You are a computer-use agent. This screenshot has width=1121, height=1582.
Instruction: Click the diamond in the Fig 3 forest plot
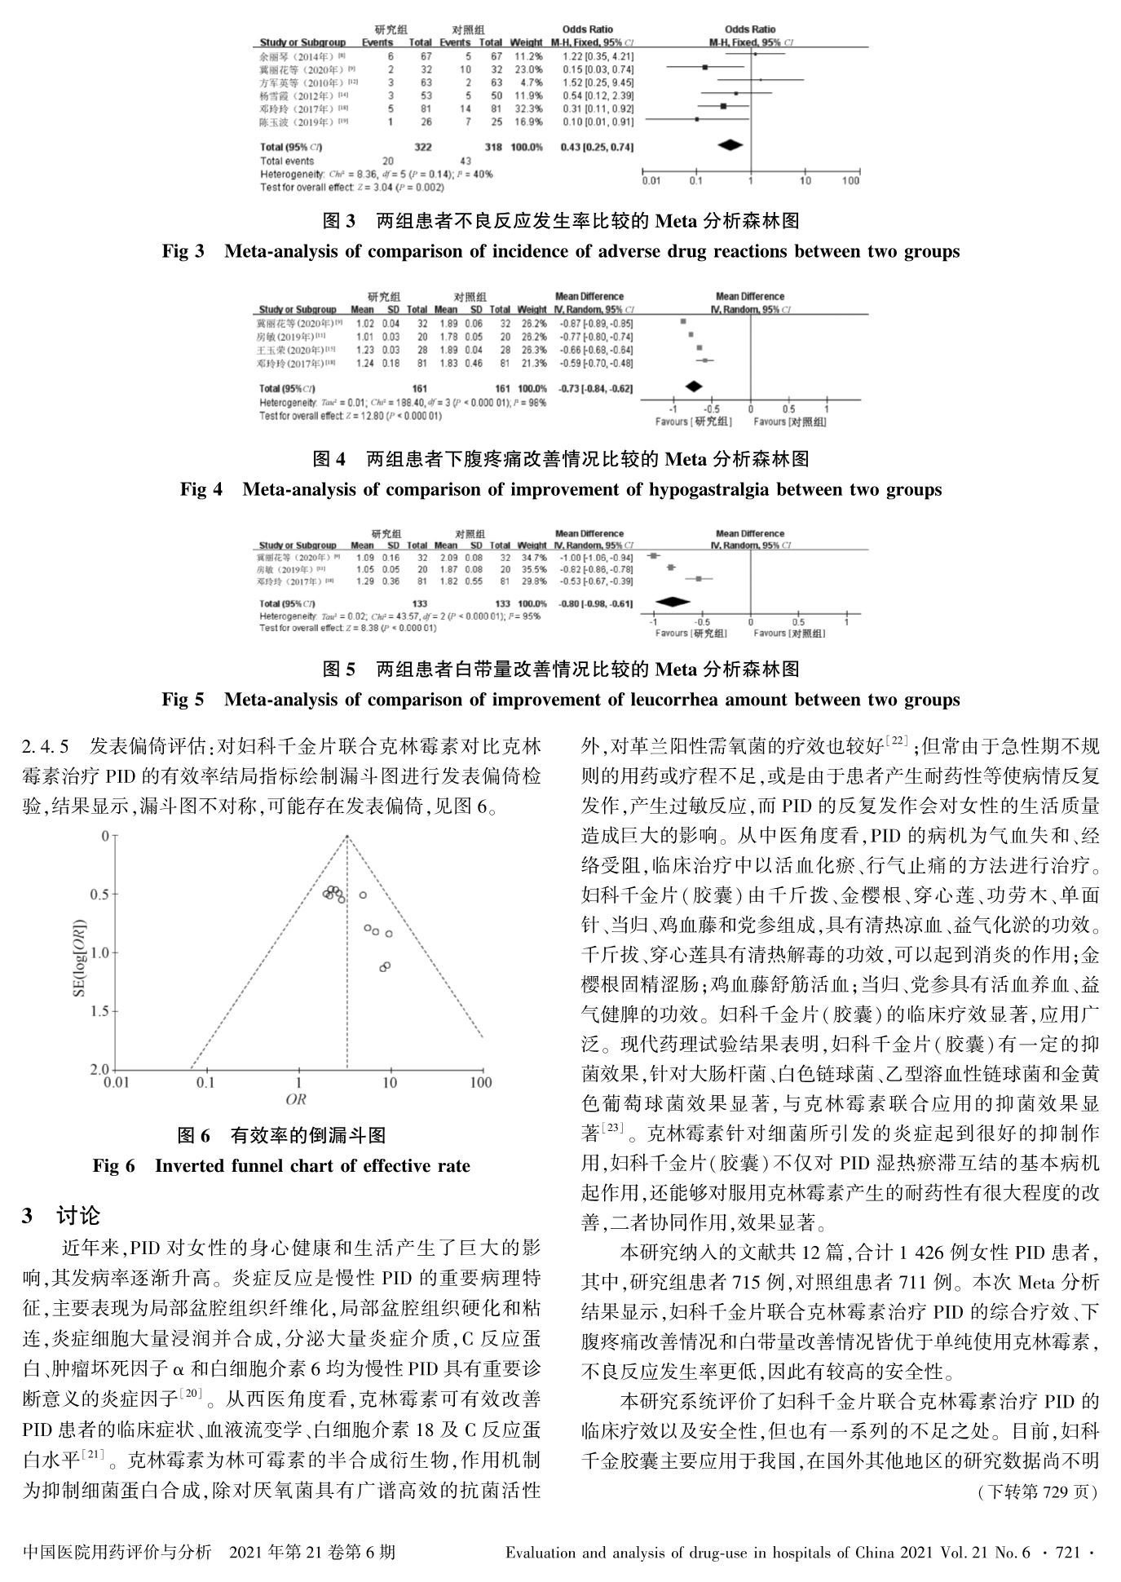point(730,145)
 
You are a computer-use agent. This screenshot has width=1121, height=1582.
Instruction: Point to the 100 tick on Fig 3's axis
point(850,181)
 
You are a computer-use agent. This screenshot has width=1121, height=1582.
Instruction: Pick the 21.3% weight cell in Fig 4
point(532,363)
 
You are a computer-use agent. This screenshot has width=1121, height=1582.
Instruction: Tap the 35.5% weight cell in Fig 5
point(532,568)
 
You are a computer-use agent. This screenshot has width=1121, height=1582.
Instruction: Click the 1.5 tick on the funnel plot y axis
point(99,1012)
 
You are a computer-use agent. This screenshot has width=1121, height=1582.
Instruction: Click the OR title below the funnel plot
point(296,1099)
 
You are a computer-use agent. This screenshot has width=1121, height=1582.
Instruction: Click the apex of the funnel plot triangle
point(347,836)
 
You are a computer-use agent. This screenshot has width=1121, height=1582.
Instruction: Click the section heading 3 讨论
point(61,1216)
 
